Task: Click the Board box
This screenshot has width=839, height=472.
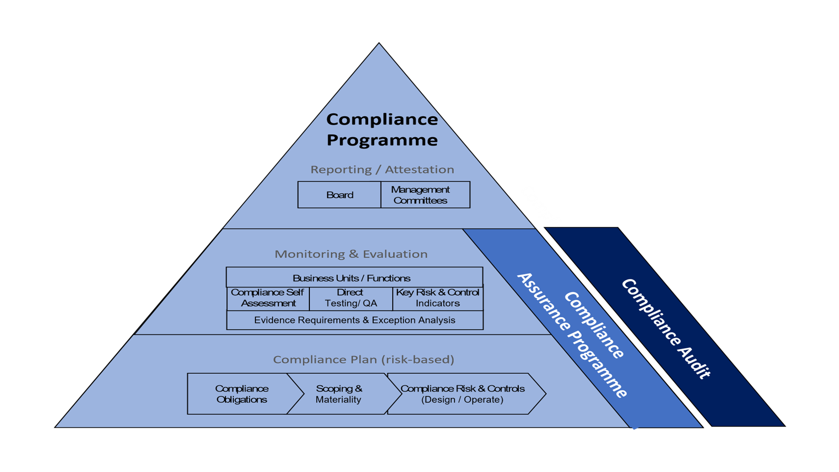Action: click(339, 195)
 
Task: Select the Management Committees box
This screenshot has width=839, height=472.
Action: click(426, 195)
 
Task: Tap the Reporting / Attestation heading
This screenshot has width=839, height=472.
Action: click(382, 170)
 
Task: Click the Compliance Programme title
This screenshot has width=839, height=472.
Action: click(382, 129)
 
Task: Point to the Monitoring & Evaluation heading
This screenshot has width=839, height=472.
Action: click(351, 254)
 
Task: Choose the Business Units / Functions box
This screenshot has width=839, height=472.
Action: click(354, 277)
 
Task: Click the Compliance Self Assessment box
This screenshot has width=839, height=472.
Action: click(268, 298)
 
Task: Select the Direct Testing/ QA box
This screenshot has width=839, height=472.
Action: click(351, 298)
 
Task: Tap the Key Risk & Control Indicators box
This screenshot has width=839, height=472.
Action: click(438, 298)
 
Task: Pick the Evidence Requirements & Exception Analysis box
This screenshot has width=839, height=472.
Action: click(355, 320)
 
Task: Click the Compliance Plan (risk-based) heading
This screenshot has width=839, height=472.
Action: click(364, 360)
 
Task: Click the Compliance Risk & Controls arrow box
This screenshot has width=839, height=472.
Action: click(466, 394)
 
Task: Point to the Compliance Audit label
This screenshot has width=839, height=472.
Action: click(666, 329)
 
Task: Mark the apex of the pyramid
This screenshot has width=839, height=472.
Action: click(379, 43)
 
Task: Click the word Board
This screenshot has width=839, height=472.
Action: click(340, 195)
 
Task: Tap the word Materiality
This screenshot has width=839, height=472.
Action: click(338, 399)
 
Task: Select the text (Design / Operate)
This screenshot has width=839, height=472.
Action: click(462, 399)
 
